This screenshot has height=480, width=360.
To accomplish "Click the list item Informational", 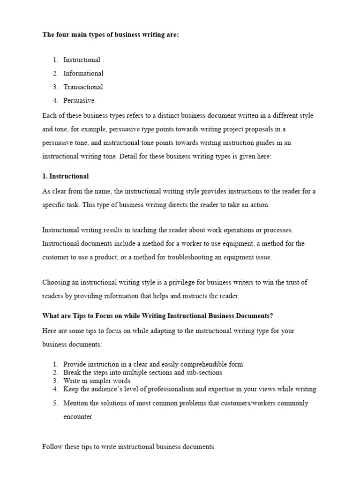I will click(83, 73).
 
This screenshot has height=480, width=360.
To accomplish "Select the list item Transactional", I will click(83, 87).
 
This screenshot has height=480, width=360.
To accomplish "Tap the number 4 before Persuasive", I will click(55, 100).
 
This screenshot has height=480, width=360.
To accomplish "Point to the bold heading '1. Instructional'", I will click(65, 176).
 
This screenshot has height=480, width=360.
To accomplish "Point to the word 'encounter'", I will click(78, 417).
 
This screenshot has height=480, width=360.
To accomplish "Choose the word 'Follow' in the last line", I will click(52, 447).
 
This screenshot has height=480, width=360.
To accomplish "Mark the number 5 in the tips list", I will click(55, 403).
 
